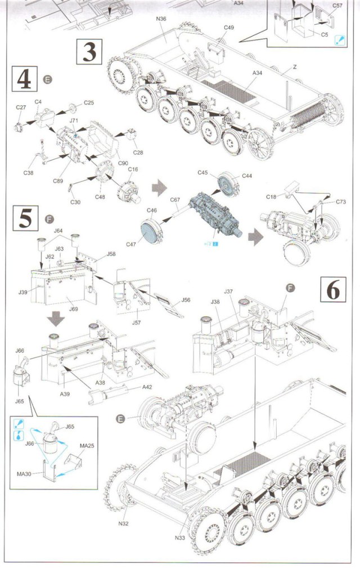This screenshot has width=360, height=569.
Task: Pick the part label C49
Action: [x=229, y=28]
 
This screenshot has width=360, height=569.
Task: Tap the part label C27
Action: [x=21, y=107]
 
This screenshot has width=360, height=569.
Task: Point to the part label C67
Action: [x=174, y=200]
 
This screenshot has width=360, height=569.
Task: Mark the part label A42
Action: [x=147, y=387]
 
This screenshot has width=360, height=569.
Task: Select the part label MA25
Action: [x=86, y=446]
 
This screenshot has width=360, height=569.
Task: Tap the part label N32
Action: [x=124, y=523]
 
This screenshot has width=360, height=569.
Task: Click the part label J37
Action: [x=228, y=292]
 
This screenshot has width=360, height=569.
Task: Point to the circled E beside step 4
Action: [x=48, y=79]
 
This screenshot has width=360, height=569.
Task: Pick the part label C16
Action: [x=133, y=169]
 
